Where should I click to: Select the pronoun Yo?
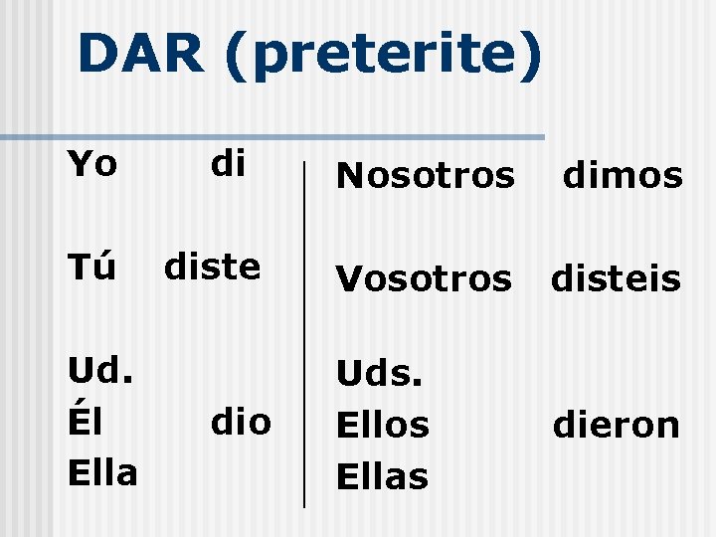pos(92,164)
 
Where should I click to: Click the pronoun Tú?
pos(92,266)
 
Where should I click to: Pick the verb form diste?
pos(212,267)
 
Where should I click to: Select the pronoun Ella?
pos(101,471)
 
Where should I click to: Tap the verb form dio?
pos(240,422)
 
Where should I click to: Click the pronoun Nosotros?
pos(426,177)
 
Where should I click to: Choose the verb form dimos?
pos(623,177)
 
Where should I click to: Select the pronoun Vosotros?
pos(423,279)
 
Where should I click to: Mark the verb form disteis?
pos(617,279)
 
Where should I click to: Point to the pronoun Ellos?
pos(383,426)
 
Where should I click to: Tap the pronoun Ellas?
pos(383,476)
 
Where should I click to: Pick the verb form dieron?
pos(617,427)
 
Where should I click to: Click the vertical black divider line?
pos(303,328)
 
